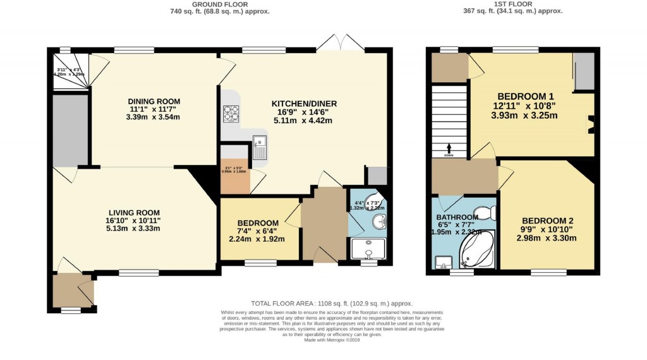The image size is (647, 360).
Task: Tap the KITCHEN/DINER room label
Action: [x=305, y=104]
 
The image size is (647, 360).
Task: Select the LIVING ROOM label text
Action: [x=134, y=212]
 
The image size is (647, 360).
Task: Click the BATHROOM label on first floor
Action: [x=457, y=217]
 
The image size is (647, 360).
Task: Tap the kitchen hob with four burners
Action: [x=231, y=113]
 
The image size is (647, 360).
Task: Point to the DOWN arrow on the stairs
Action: [x=449, y=151]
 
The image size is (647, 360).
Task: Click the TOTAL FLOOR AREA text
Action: [x=332, y=303]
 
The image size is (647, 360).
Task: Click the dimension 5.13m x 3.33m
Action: [x=134, y=229]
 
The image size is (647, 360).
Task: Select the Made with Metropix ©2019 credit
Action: [x=332, y=340]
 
